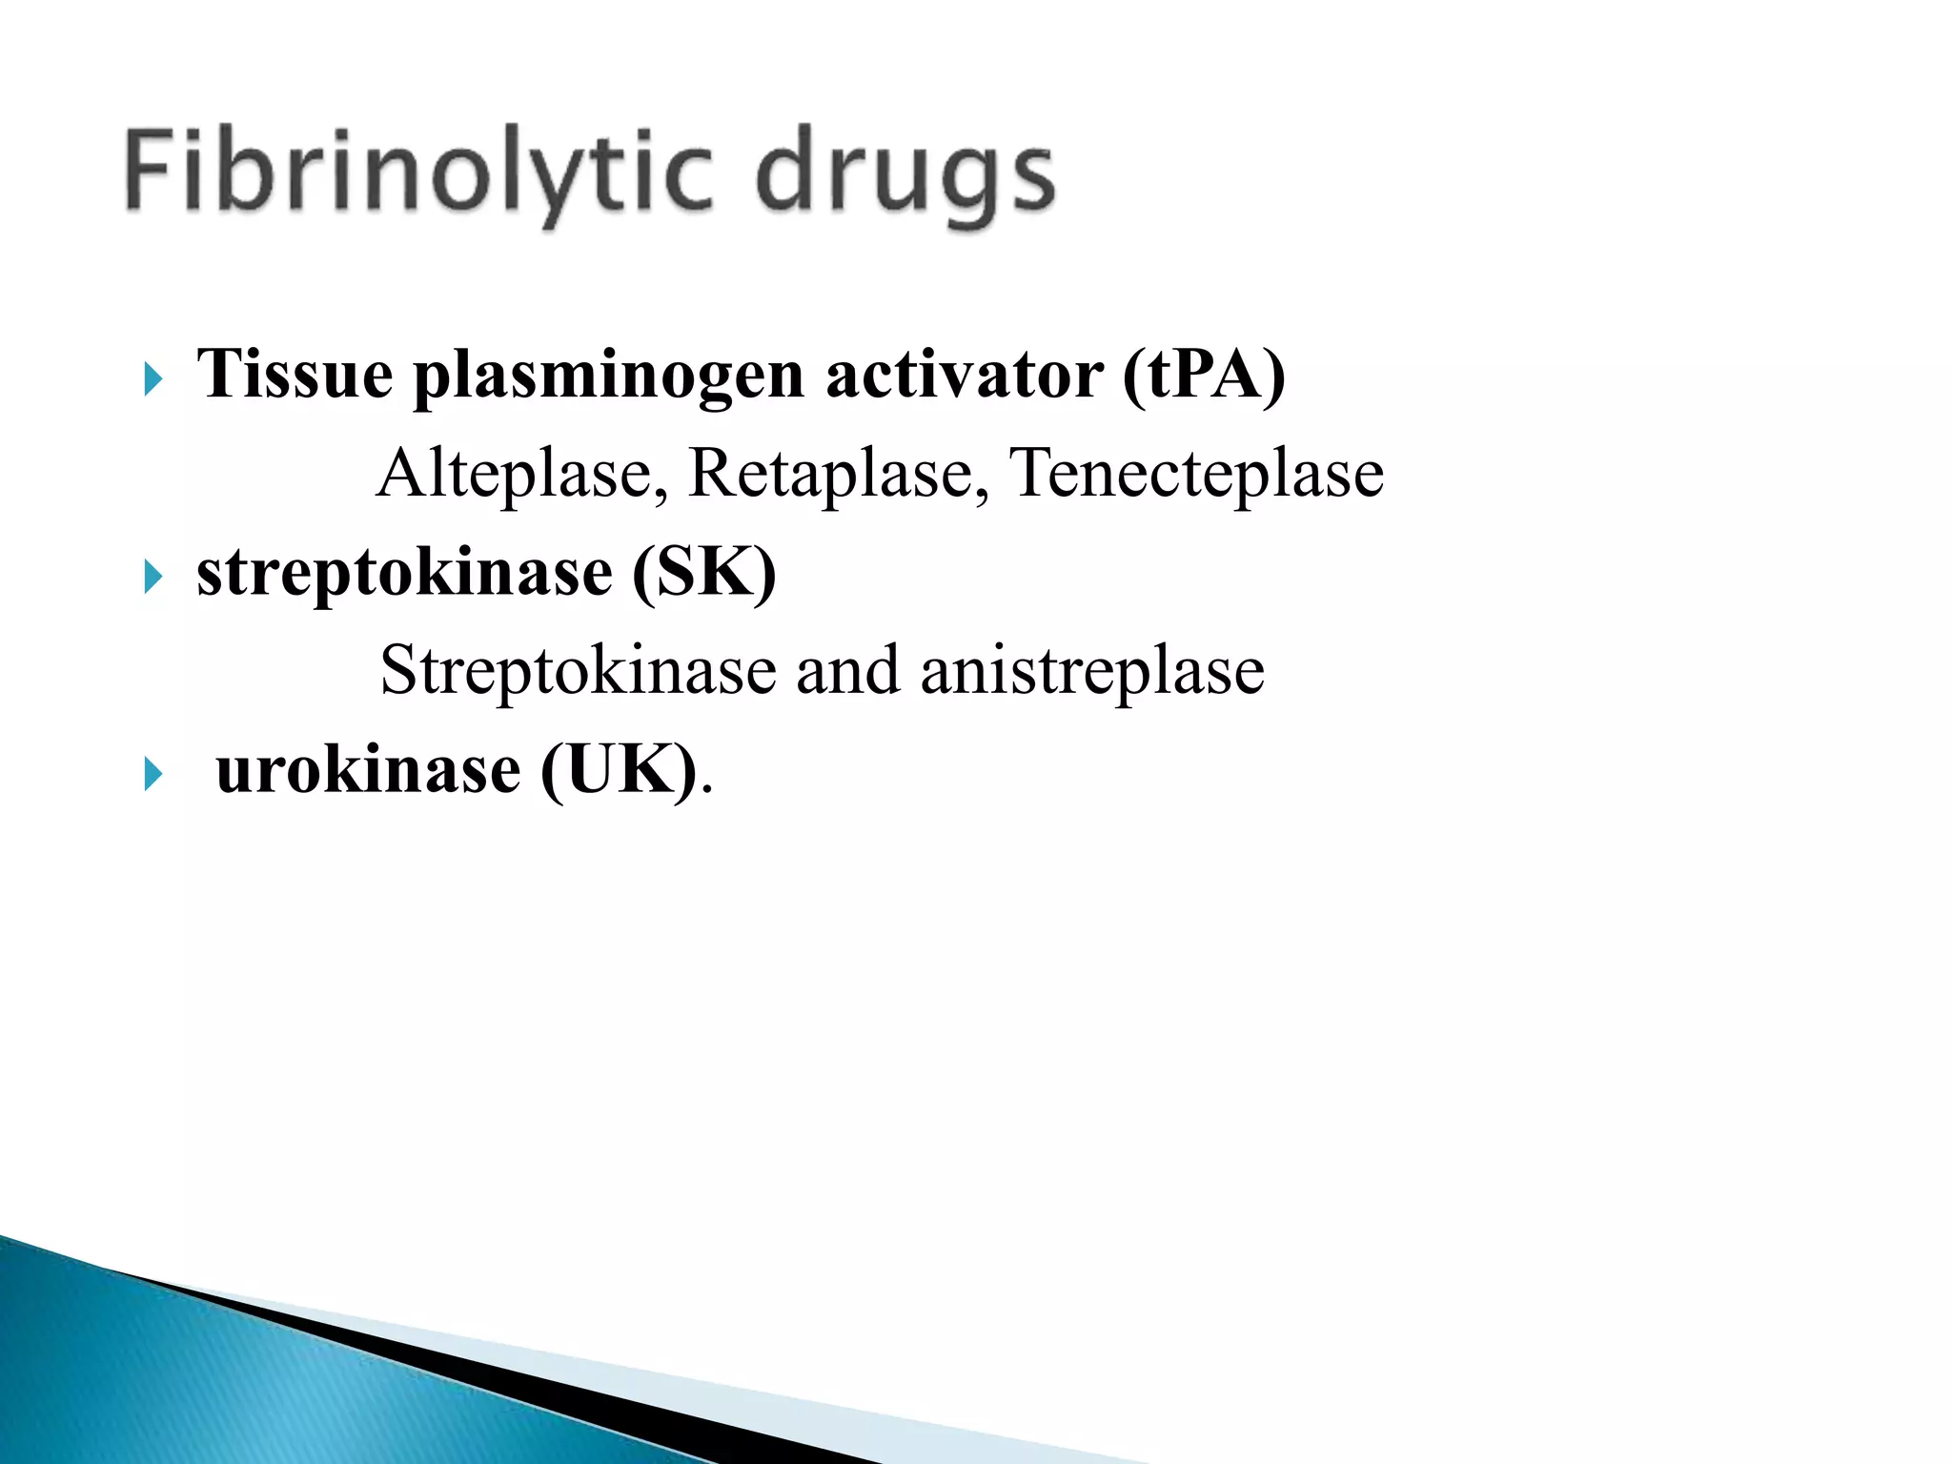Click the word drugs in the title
[x=905, y=175]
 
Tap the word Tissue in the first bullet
[x=295, y=375]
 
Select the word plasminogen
[x=609, y=376]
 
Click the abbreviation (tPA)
[x=1204, y=375]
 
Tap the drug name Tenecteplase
[x=1196, y=474]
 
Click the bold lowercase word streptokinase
[x=405, y=574]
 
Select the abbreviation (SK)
[x=704, y=574]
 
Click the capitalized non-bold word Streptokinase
[x=578, y=671]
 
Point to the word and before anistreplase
[x=847, y=671]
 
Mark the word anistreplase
[x=1092, y=671]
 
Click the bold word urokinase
[x=368, y=770]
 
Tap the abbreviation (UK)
[x=619, y=770]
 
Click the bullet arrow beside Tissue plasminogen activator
[x=152, y=379]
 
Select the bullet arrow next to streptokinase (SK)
[x=152, y=577]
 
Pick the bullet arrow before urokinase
[x=152, y=773]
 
